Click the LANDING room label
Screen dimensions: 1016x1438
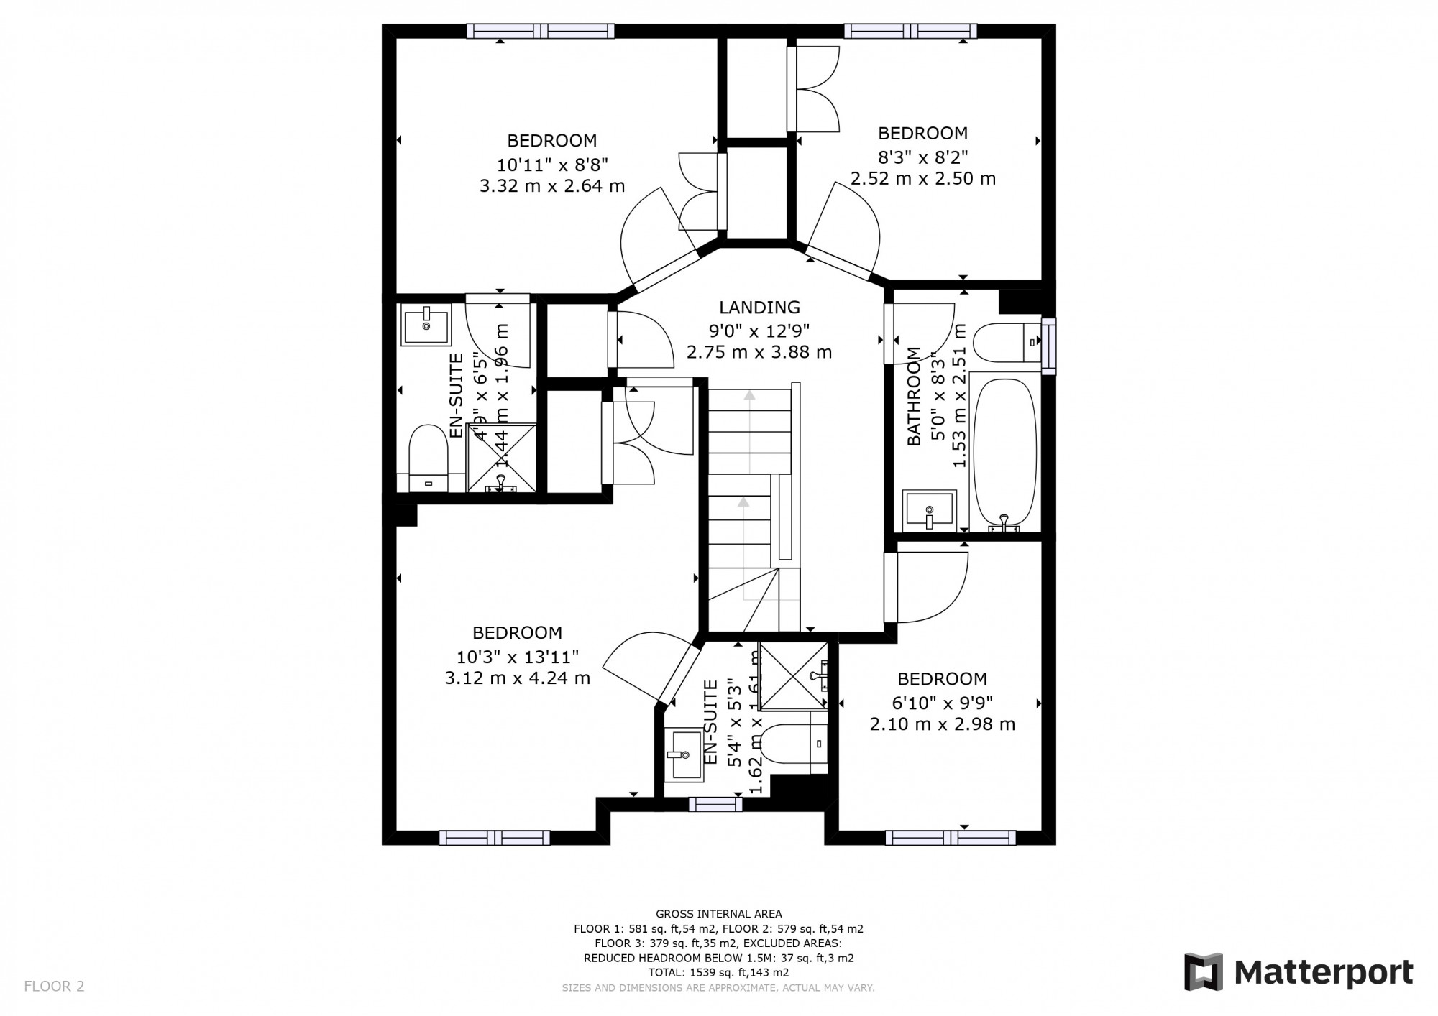[x=759, y=308]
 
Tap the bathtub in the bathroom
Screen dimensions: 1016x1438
[x=1004, y=449]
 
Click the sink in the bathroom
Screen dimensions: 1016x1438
[x=929, y=510]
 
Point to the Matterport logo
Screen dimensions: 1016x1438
[x=1299, y=973]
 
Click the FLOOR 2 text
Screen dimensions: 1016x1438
[x=54, y=986]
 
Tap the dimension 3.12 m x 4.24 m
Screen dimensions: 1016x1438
[x=517, y=678]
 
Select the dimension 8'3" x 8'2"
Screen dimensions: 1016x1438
[x=923, y=156]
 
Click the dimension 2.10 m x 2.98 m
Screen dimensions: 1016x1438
[x=942, y=724]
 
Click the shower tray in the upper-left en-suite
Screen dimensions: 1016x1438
[x=501, y=458]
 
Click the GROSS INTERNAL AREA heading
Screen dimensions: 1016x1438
[x=718, y=914]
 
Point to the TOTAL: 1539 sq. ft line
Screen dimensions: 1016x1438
[x=718, y=972]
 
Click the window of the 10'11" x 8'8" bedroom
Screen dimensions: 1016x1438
[x=541, y=31]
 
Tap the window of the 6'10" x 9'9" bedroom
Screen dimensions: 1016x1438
[x=950, y=837]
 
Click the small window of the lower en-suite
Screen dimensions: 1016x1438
[x=715, y=804]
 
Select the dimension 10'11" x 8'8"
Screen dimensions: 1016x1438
[x=552, y=163]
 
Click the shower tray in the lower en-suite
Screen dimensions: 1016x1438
[x=793, y=675]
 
